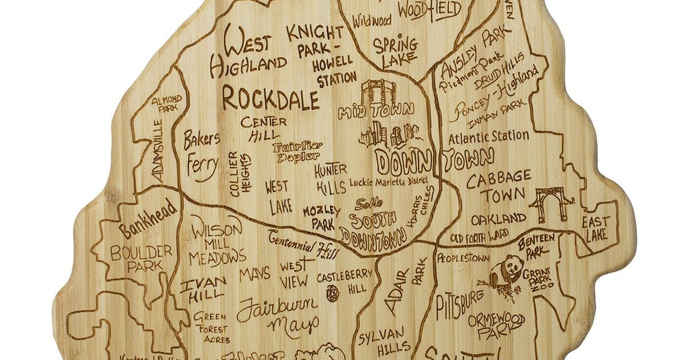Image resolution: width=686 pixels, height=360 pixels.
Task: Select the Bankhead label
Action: click(x=149, y=221)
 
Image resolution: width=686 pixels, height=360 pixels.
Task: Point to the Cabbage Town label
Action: click(x=498, y=187)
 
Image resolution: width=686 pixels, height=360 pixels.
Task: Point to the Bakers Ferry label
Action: click(x=201, y=154)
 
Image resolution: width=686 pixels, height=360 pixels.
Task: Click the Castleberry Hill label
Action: click(x=345, y=282)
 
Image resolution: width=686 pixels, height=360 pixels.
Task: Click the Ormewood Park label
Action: click(x=495, y=324)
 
